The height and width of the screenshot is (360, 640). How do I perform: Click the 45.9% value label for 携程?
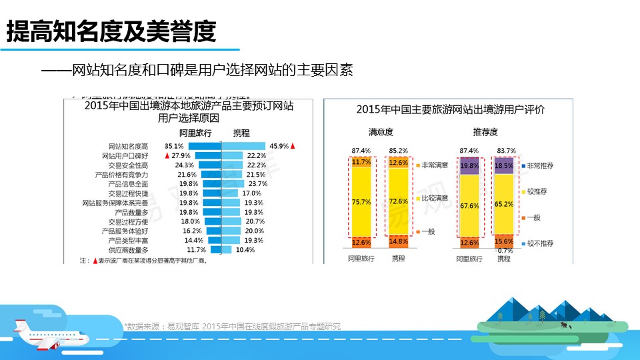pos(278,145)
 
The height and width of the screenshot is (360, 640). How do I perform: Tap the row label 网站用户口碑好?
pos(128,155)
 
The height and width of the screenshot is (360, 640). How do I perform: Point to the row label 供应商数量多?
pos(128,249)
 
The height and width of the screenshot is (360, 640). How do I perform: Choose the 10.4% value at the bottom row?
pos(245,249)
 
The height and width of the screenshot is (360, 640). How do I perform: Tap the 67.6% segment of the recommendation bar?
pos(469,206)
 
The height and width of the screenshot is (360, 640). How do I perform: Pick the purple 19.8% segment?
pos(469,166)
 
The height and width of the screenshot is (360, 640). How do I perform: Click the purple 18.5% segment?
pos(504,165)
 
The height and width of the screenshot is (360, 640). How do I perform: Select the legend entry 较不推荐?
pos(541,244)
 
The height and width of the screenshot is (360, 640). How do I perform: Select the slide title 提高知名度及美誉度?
pos(111,31)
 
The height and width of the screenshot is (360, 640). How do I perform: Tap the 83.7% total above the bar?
pos(506,151)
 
